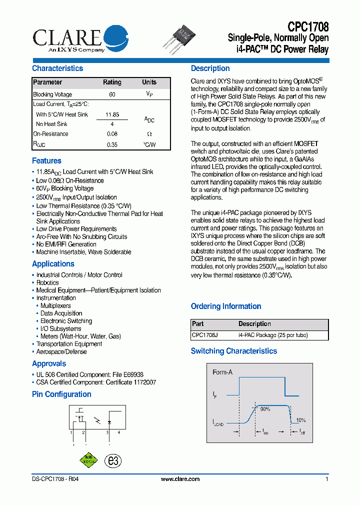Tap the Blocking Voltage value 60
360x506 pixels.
(112, 94)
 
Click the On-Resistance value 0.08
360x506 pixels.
(112, 134)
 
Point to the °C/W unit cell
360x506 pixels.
(149, 144)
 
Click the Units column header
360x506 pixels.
(149, 82)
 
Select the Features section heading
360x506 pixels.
(46, 161)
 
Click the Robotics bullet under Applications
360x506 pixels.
(47, 282)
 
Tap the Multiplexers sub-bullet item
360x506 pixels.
(55, 305)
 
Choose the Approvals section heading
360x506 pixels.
(49, 364)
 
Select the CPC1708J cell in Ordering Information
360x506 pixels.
(205, 335)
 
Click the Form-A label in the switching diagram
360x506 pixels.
(222, 372)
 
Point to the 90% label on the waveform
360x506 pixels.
(264, 409)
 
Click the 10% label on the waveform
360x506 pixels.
(300, 420)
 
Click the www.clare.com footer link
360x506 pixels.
(180, 479)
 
